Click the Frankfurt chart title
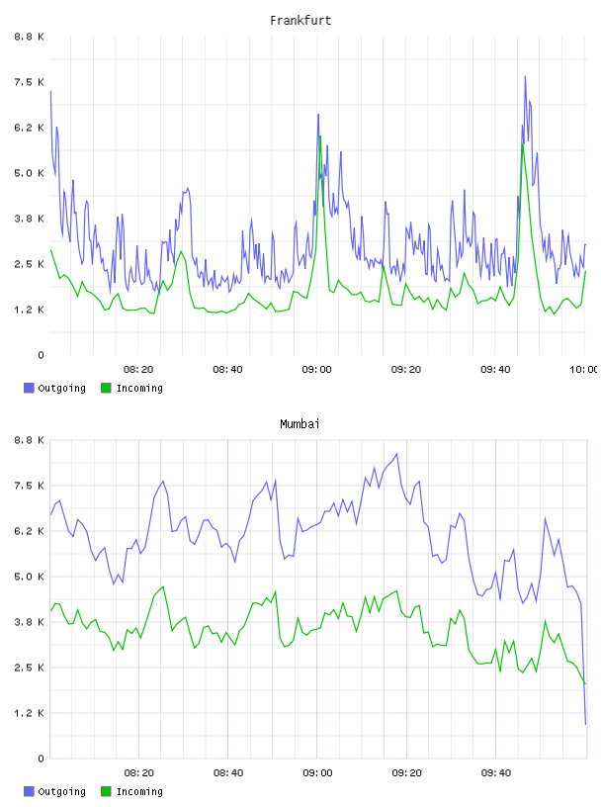pos(300,21)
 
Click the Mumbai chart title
pos(300,424)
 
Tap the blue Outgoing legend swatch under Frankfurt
pos(29,388)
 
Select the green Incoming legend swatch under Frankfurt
pos(106,388)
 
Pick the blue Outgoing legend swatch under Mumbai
pos(29,791)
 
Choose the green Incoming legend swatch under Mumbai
pos(106,791)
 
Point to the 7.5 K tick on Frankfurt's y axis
pos(29,82)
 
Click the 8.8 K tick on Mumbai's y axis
pos(29,440)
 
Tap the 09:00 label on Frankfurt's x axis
pos(317,370)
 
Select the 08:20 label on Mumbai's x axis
pos(139,773)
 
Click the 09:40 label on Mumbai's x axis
pos(496,773)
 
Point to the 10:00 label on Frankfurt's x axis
pos(583,370)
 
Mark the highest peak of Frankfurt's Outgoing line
pos(525,76)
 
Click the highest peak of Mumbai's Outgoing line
pos(396,453)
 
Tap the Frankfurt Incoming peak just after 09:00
pos(320,135)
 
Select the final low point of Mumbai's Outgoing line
pos(585,724)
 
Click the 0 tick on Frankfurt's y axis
pos(41,355)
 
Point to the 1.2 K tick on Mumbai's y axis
pos(29,713)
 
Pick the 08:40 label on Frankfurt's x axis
pos(228,370)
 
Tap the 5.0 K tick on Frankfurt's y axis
pos(29,173)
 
